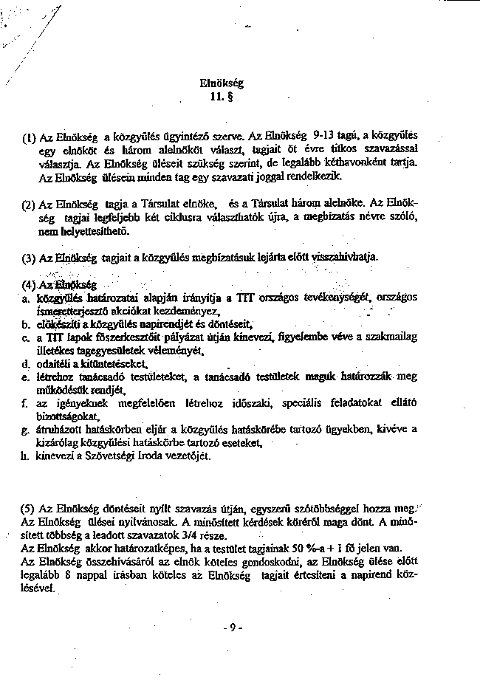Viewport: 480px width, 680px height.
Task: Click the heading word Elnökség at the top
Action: coord(222,83)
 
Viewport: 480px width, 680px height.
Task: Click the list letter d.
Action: coord(25,364)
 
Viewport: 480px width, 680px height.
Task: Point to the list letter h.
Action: coord(25,456)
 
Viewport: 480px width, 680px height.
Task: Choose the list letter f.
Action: coord(25,402)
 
